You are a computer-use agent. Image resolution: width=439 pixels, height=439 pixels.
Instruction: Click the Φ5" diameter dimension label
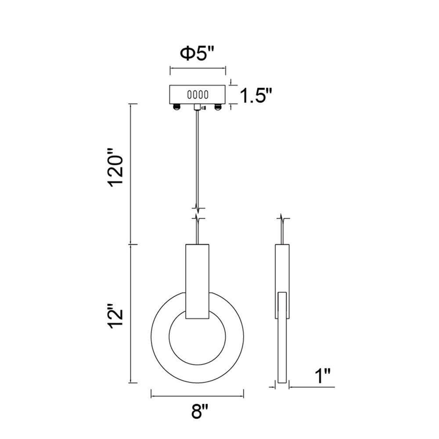pos(198,54)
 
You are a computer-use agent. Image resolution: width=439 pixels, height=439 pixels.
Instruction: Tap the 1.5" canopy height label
pos(256,96)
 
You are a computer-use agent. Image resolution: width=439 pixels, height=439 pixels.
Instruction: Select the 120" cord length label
pos(116,167)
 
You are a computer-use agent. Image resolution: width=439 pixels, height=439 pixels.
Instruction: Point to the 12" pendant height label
pos(116,315)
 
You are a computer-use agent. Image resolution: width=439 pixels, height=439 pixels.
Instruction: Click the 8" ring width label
pos(200,411)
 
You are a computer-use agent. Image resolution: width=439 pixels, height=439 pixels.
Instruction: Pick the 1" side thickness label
pos(323,376)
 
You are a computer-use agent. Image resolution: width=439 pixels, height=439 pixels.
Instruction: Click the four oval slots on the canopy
pos(198,95)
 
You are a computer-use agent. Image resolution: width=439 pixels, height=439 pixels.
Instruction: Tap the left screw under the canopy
pos(176,107)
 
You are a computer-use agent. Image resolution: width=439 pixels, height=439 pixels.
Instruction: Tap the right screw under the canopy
pos(218,107)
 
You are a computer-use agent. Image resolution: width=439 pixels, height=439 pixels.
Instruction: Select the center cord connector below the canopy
pos(198,107)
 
